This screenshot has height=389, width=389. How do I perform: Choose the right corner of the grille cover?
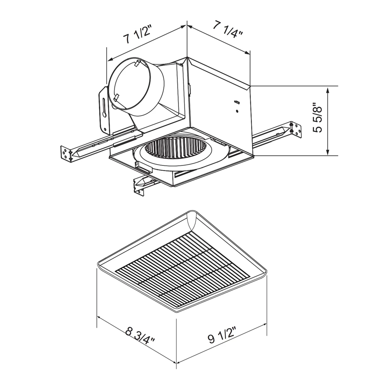(x=266, y=273)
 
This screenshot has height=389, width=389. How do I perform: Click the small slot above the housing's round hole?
(x=236, y=102)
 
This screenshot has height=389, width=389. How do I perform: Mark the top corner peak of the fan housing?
(x=188, y=58)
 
